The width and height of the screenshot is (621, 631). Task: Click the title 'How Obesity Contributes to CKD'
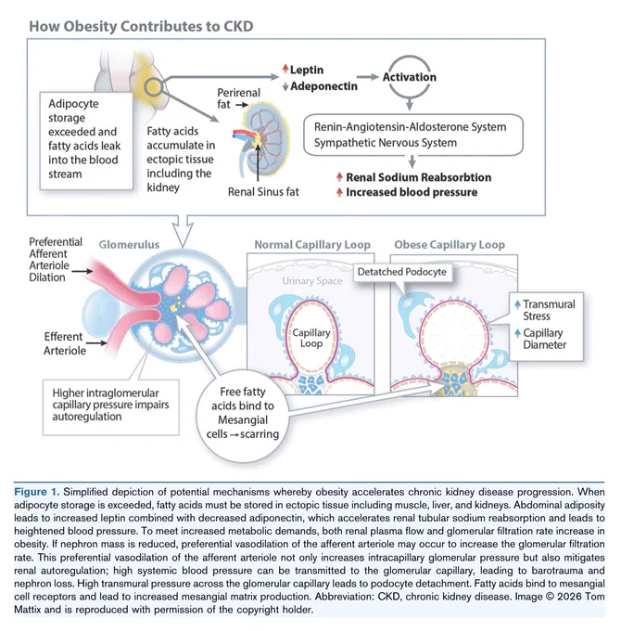141,26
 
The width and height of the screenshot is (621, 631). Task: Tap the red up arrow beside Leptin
285,69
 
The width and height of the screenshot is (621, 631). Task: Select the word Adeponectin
323,86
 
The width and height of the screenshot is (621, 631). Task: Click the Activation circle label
409,77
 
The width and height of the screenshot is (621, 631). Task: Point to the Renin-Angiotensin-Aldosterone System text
410,127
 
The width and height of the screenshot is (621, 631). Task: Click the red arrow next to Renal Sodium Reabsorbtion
339,177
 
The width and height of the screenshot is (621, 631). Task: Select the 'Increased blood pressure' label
412,192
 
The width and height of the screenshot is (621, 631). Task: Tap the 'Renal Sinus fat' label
263,191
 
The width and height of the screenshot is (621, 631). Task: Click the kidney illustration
261,142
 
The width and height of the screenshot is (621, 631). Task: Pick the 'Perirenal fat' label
238,98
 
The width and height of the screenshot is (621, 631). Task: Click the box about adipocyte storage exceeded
86,140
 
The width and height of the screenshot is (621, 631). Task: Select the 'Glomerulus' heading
129,244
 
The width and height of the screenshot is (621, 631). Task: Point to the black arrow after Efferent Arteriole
97,342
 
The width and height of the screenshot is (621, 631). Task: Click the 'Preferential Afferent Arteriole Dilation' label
56,259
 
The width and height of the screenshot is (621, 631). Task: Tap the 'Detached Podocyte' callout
402,272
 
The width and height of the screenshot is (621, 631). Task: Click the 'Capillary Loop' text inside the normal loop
311,338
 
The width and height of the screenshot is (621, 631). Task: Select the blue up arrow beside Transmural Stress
517,304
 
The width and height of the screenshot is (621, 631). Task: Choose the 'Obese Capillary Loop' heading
450,244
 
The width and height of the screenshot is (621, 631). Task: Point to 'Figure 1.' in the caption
36,492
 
